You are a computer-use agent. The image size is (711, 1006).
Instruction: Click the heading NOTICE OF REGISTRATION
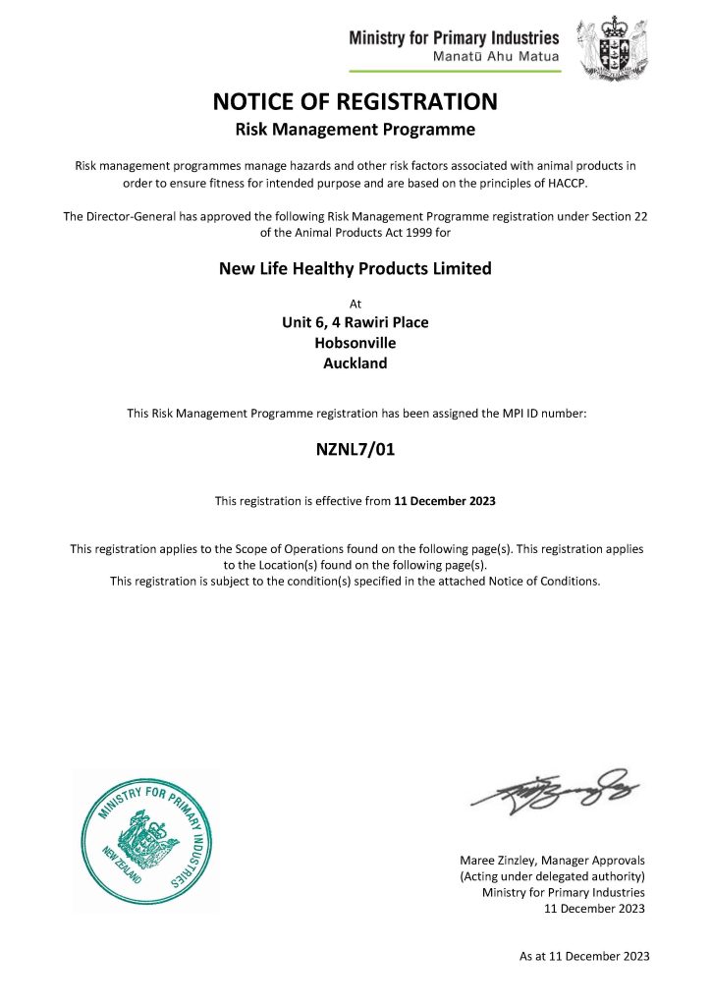[355, 101]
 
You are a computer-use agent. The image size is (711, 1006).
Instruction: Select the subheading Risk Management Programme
[355, 129]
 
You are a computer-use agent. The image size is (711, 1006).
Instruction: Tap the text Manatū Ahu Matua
[496, 57]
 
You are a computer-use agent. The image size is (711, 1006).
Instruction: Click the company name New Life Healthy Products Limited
[355, 268]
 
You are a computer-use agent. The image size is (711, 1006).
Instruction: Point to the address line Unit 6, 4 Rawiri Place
[355, 322]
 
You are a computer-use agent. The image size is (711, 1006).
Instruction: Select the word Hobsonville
[355, 343]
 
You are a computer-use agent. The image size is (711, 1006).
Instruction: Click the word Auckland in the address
[355, 363]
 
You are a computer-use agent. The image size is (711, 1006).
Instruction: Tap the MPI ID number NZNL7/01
[355, 451]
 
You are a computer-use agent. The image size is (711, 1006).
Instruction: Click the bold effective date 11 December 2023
[445, 501]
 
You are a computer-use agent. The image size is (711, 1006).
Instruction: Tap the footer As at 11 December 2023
[583, 956]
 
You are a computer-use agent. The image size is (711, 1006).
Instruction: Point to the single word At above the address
[355, 304]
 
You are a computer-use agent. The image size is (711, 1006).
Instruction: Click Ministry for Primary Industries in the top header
[454, 38]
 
